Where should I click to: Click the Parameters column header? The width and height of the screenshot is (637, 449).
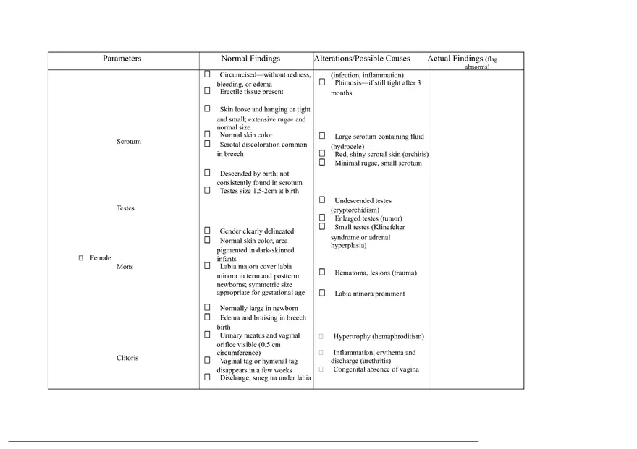tap(122, 59)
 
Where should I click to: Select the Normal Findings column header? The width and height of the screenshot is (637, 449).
tap(250, 59)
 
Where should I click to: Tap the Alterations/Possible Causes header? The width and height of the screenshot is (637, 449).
tap(362, 59)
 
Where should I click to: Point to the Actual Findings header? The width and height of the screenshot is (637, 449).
tap(456, 59)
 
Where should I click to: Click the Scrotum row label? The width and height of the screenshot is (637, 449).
tap(129, 142)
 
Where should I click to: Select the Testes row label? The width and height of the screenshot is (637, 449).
tap(125, 208)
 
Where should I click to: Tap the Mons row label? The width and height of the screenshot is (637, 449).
tap(125, 267)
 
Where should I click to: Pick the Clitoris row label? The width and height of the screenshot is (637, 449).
tap(127, 358)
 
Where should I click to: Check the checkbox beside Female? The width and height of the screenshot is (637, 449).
tap(81, 258)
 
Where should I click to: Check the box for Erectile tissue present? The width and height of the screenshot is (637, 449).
tap(207, 91)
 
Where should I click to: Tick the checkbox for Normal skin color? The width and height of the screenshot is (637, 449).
tap(207, 134)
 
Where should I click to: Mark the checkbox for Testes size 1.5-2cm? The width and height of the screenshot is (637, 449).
tap(207, 191)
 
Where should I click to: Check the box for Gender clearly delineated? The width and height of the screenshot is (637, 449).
tap(207, 231)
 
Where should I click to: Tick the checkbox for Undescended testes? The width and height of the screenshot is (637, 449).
tap(322, 200)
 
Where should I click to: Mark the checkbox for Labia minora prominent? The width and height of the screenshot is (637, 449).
tap(322, 293)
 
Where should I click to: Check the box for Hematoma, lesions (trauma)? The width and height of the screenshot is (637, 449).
tap(322, 272)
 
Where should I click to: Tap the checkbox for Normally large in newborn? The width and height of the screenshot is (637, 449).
tap(207, 308)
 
